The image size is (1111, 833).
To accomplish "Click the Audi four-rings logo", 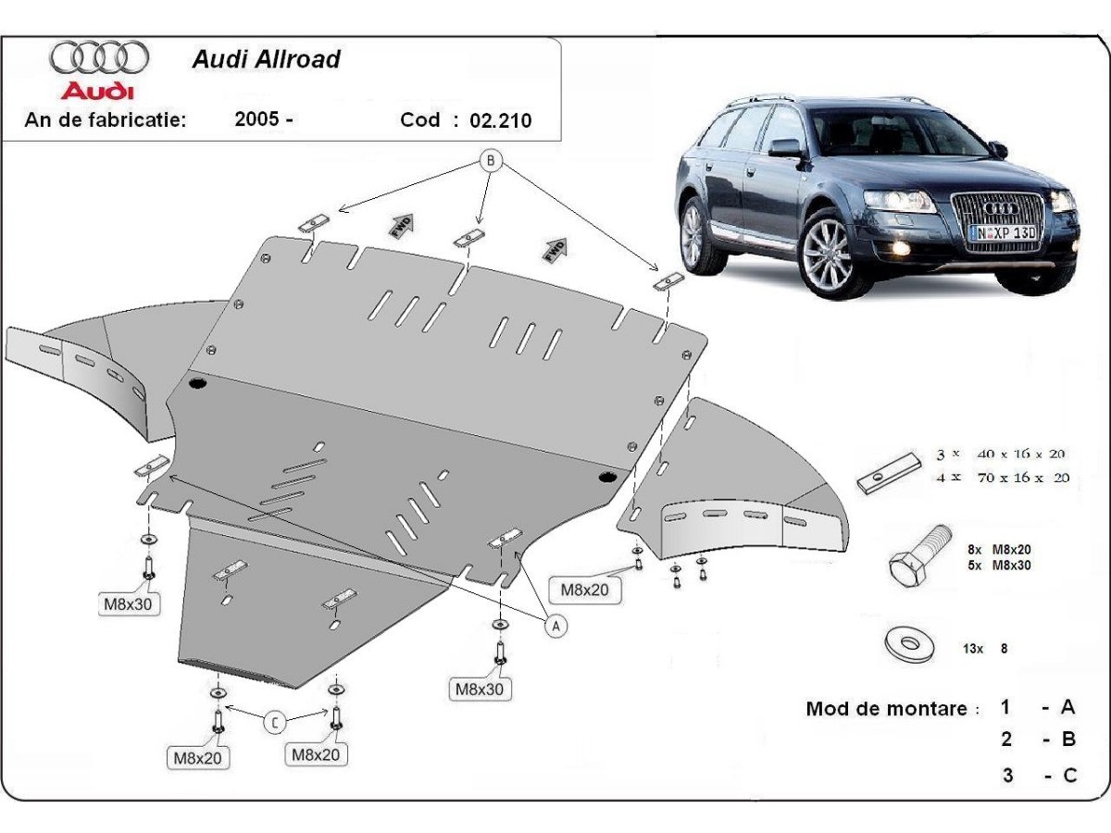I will coord(99,57).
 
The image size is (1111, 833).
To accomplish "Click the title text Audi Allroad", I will coord(266,59).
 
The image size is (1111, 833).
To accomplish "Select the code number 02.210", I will coord(501,120).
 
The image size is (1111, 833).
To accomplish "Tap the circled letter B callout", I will coord(491,162).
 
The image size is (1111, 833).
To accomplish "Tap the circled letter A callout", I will coord(555,627).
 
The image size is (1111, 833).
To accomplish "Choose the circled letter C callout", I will coord(274,721).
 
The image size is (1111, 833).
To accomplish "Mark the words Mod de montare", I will coord(891,709).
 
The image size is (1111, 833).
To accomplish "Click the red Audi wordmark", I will coord(96,92).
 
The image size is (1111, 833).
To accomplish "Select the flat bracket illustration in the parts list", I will coord(887,475).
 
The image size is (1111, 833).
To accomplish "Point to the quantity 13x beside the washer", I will coord(974,649).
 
